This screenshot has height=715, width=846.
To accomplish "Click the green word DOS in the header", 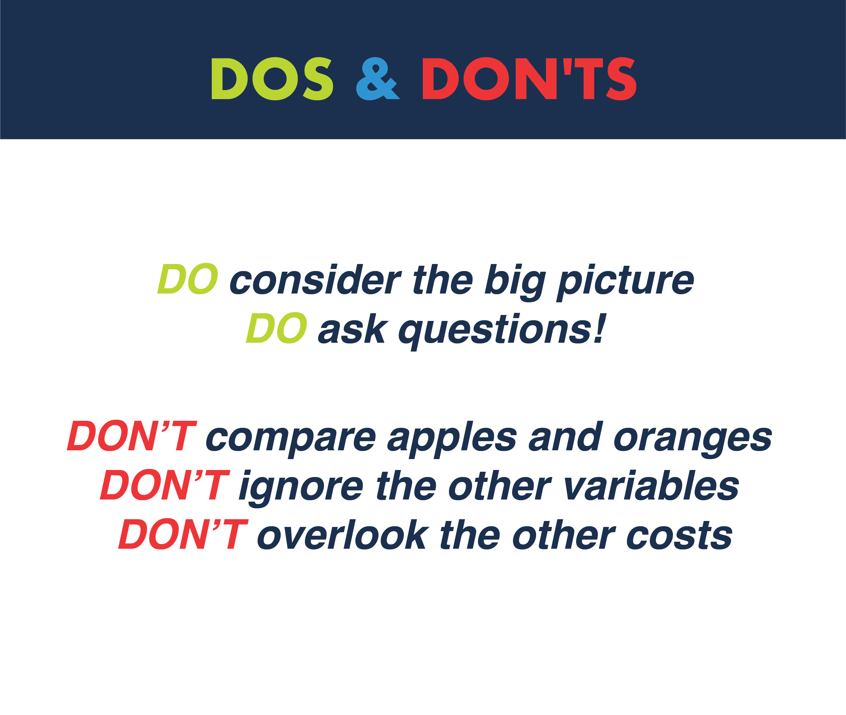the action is [272, 79].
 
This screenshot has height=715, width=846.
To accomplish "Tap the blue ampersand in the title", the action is [377, 79].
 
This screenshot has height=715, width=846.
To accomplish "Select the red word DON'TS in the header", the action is [530, 79].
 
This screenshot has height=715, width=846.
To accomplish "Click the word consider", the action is [315, 280].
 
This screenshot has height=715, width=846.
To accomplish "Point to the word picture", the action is [625, 283].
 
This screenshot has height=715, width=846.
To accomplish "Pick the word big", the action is [515, 283].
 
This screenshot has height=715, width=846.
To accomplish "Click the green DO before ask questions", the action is [276, 328].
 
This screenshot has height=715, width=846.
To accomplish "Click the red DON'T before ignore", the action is [165, 485].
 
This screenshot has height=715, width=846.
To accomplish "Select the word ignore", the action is [301, 488].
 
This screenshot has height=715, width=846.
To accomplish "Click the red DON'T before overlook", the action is [183, 534].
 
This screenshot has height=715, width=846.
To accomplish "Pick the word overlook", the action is [343, 534].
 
